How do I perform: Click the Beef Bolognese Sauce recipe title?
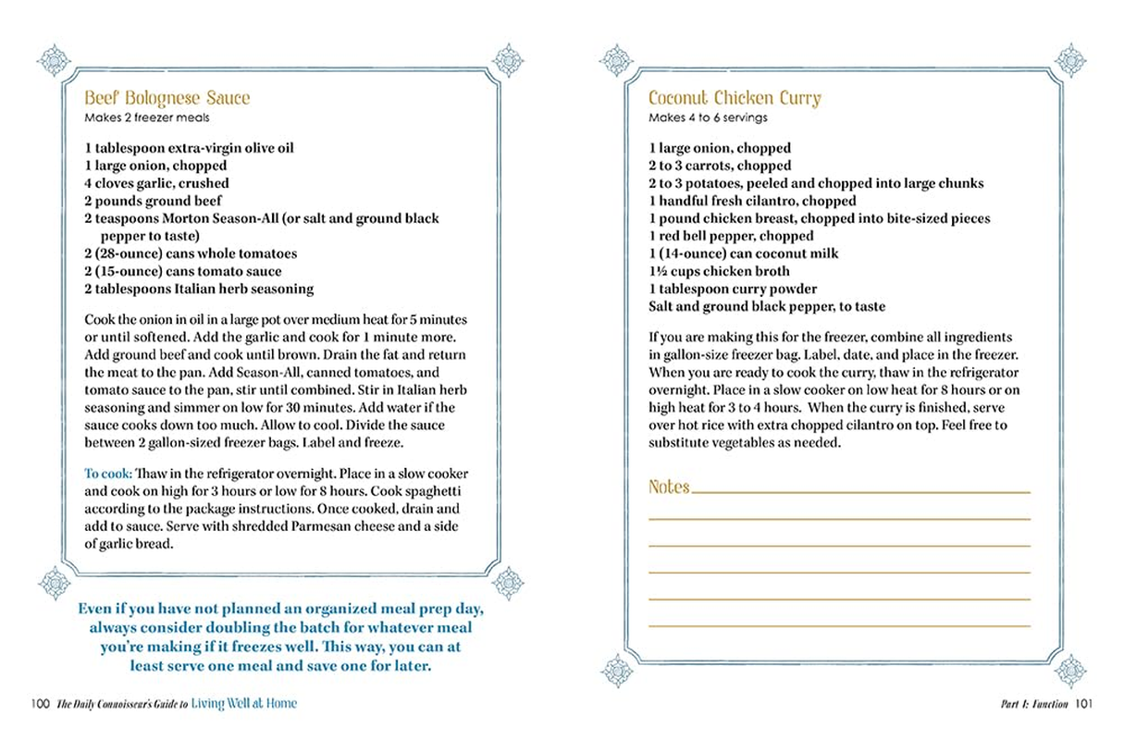tap(167, 98)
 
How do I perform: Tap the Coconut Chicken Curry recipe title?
tap(735, 98)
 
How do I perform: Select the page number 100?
tap(39, 704)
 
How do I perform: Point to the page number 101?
tap(1084, 704)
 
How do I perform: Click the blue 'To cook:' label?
tap(108, 474)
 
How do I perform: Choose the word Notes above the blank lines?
tap(669, 487)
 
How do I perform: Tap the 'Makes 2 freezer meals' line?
tap(147, 117)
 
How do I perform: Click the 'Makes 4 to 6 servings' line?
tap(708, 117)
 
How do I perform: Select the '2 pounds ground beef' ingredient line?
tap(154, 201)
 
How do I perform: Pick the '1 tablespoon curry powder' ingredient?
tap(733, 289)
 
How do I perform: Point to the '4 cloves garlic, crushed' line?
tap(157, 183)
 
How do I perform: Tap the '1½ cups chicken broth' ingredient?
tap(719, 271)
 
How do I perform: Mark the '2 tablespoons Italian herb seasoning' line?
tap(199, 289)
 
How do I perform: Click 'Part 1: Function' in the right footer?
tap(1034, 704)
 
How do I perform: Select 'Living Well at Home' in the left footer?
tap(244, 704)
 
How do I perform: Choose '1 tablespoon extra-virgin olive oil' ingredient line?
tap(189, 148)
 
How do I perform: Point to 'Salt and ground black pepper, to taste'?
tap(767, 306)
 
